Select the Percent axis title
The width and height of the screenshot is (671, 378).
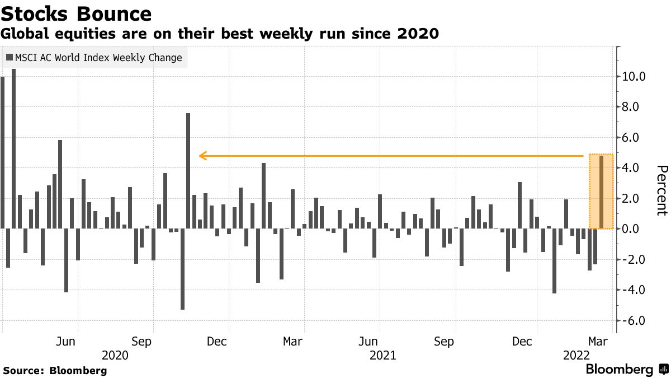(x=661, y=190)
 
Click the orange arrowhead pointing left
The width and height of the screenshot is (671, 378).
(x=203, y=155)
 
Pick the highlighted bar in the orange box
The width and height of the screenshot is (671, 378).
(x=601, y=192)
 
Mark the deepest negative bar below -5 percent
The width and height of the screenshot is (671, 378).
(x=182, y=269)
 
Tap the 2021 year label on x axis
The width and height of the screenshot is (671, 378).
(x=383, y=355)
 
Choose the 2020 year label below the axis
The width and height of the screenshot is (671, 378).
(x=116, y=355)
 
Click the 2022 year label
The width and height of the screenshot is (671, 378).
(x=576, y=355)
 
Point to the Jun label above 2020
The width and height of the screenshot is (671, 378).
(x=66, y=342)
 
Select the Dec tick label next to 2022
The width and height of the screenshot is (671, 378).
(x=522, y=342)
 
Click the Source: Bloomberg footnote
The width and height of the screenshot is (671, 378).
(x=55, y=371)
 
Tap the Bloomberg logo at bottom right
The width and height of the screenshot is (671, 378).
(x=626, y=370)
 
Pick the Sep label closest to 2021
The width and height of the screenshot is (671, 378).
(x=444, y=342)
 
